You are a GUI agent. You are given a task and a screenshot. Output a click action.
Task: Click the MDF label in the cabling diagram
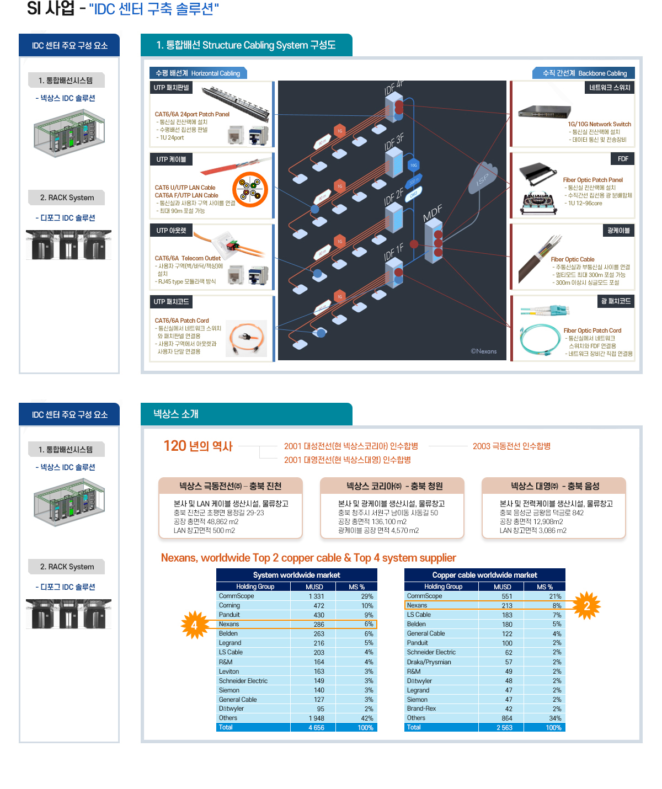(x=433, y=213)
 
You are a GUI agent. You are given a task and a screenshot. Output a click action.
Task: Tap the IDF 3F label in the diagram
(x=394, y=142)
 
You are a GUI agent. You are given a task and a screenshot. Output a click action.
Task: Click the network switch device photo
(x=543, y=112)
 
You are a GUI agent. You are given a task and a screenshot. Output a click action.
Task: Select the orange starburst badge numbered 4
(x=194, y=625)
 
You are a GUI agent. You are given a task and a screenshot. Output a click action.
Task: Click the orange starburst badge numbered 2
(x=586, y=606)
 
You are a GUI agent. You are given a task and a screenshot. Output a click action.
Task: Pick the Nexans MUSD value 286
(x=319, y=625)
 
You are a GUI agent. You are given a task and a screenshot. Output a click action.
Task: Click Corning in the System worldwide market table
(x=229, y=605)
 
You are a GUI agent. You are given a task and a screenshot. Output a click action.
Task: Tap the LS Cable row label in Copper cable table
(x=419, y=615)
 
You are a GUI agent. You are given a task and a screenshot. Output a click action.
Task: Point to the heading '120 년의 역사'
(x=198, y=446)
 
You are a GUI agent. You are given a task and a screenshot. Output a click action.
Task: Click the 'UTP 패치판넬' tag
(x=171, y=88)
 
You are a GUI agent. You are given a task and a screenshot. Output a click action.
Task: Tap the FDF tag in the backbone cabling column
(x=623, y=159)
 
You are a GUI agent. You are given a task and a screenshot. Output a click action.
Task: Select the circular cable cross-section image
(x=250, y=189)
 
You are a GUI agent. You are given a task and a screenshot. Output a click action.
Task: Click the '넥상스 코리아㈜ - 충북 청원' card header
(x=392, y=486)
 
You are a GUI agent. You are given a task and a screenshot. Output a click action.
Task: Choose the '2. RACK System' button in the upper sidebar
(x=67, y=198)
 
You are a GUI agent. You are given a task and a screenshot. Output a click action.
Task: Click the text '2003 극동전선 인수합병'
(x=511, y=446)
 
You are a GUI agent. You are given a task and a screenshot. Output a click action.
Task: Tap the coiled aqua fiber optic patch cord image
(x=540, y=340)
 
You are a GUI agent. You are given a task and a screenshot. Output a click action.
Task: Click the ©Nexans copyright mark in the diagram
(x=483, y=351)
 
